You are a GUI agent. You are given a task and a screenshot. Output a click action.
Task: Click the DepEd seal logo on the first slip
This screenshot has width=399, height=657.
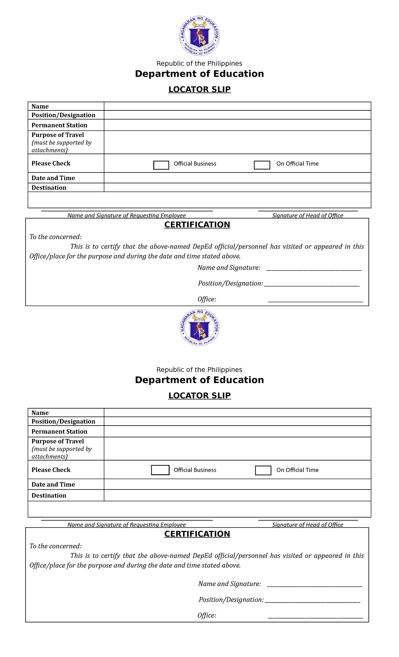[199, 36]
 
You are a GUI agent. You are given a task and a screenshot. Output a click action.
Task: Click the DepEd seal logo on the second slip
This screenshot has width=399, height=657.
[199, 328]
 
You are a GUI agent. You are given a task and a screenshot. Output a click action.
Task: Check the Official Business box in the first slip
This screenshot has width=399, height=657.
[161, 165]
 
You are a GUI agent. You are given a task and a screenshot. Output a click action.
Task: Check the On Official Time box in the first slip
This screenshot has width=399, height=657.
[262, 165]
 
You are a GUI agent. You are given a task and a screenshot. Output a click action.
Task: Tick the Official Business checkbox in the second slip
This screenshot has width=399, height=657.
[160, 470]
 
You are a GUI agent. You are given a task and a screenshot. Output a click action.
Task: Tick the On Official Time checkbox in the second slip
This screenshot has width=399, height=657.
[263, 470]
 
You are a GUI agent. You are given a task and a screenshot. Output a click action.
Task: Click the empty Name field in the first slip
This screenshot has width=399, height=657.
[237, 106]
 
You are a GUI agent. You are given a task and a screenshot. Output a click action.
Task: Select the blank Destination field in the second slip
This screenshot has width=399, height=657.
[237, 495]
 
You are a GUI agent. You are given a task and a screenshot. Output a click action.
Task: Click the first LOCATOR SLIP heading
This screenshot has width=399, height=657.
[199, 89]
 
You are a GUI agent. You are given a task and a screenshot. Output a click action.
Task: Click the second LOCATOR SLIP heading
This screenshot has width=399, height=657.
[199, 396]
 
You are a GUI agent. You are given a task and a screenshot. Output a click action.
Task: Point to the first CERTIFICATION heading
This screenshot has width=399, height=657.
[197, 225]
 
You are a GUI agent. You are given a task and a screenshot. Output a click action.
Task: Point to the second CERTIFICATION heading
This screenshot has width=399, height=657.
[197, 534]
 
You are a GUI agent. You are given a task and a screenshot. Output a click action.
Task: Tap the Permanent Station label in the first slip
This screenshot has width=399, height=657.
[60, 125]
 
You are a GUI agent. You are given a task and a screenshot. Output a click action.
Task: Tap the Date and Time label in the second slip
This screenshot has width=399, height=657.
[53, 484]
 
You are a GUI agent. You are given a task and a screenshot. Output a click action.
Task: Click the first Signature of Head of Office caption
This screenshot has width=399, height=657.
[308, 215]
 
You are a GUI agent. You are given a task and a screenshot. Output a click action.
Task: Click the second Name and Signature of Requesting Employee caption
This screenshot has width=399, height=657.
[126, 525]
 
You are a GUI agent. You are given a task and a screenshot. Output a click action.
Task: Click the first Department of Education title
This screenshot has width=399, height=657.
[199, 74]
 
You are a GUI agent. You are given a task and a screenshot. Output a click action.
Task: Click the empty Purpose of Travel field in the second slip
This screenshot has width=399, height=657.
[237, 449]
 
